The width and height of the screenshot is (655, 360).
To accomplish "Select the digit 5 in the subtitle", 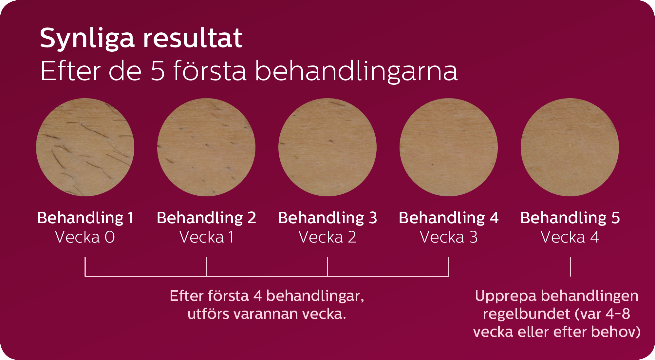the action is coord(158,71).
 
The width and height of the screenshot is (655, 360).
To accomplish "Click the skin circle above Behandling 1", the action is coord(85,147).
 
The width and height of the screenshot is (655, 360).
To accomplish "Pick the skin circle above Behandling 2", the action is coord(206,147).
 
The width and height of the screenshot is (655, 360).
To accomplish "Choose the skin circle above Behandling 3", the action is coord(327,147).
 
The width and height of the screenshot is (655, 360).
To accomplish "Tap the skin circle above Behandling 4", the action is coord(449,147).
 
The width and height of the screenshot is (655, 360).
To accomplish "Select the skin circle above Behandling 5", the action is coord(570,147).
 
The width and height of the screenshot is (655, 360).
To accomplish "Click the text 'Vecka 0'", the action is coord(85,237).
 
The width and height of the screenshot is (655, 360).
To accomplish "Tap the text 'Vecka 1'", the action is coord(206,237).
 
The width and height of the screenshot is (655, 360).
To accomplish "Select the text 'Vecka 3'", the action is coord(449,237).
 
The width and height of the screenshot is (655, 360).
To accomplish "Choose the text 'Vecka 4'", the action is coord(570,237).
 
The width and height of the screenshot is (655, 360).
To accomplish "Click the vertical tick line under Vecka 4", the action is coord(571,267).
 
